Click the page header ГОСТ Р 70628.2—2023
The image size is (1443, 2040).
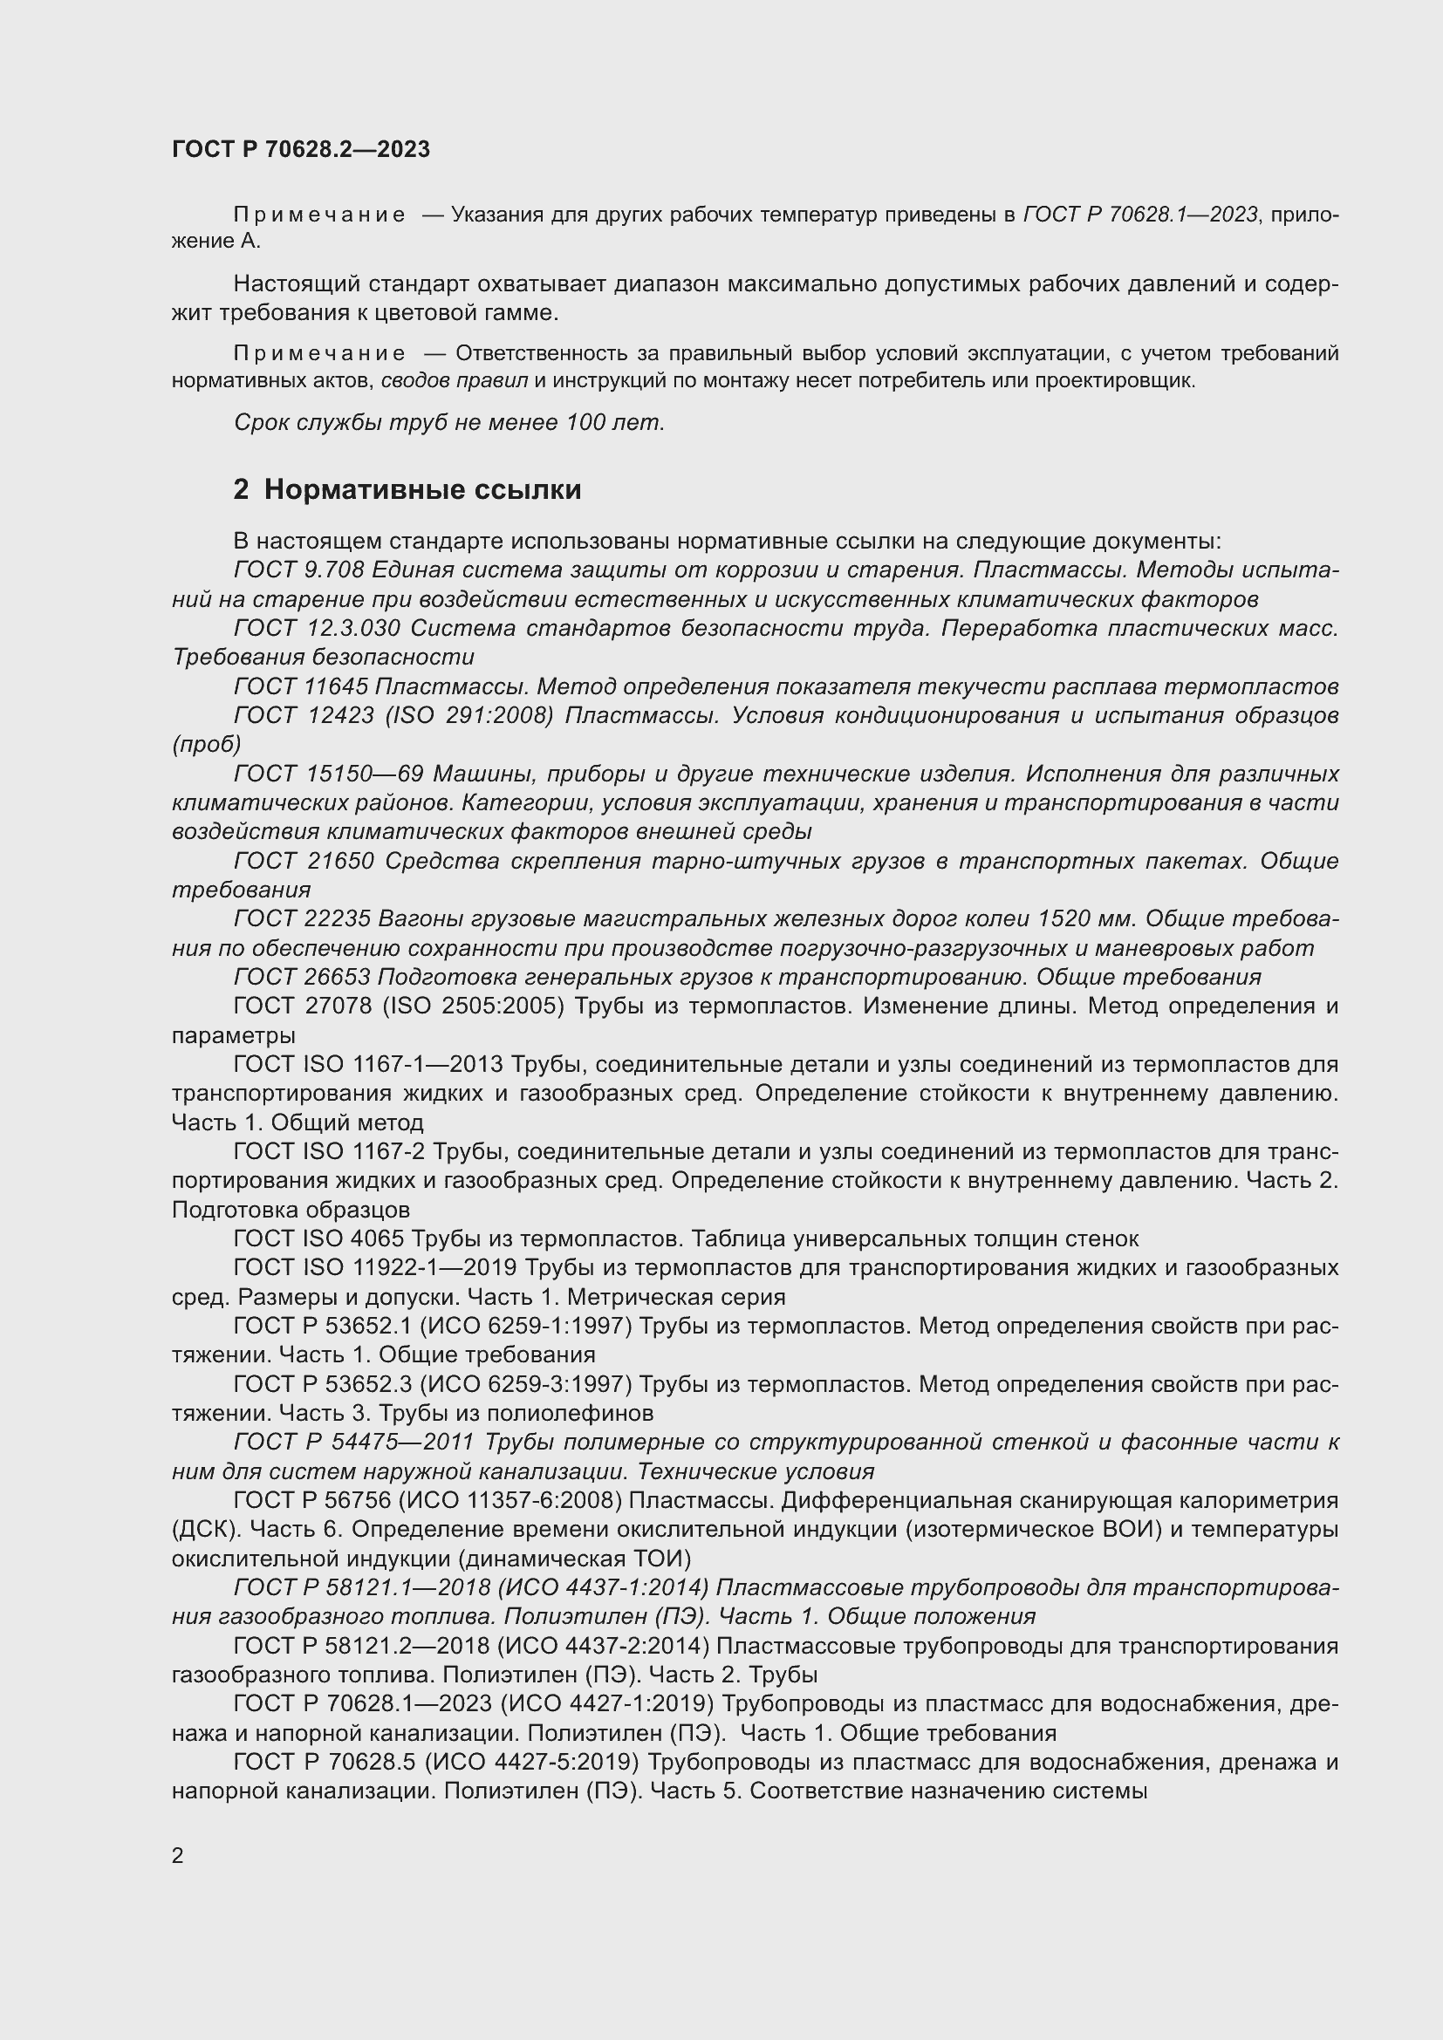click(300, 149)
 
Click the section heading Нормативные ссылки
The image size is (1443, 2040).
click(422, 489)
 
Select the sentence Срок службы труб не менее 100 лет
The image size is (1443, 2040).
click(448, 423)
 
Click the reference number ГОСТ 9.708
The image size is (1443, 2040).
click(296, 570)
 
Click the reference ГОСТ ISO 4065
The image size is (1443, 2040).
click(318, 1238)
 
